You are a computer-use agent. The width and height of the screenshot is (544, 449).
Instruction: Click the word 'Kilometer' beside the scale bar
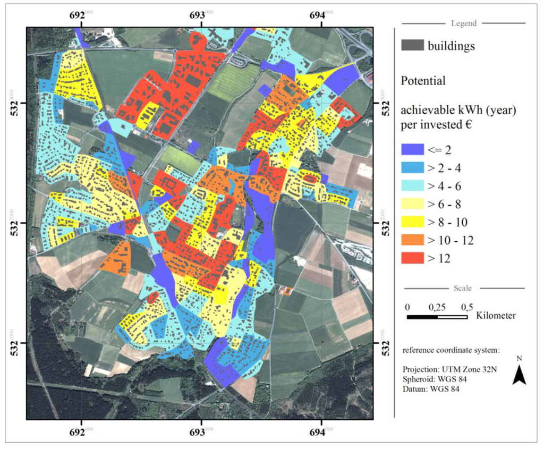click(x=496, y=316)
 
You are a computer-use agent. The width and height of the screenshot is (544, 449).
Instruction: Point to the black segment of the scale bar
click(x=422, y=317)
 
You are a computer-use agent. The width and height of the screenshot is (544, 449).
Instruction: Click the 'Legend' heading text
click(x=464, y=23)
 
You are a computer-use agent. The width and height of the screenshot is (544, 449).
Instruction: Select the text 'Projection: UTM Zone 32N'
click(x=449, y=370)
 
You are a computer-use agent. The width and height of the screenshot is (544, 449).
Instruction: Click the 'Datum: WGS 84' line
click(x=431, y=389)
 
